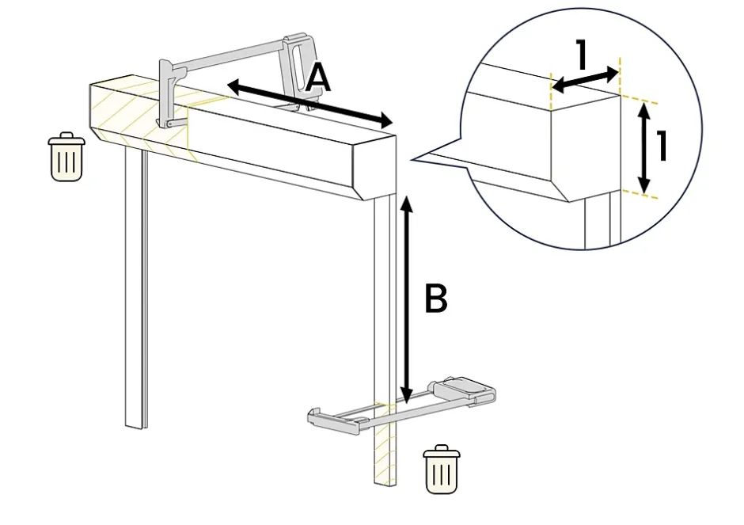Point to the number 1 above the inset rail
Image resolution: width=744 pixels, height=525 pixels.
(582, 56)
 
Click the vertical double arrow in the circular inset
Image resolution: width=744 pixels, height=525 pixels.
(644, 148)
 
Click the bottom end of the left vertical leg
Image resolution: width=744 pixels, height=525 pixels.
(135, 424)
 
